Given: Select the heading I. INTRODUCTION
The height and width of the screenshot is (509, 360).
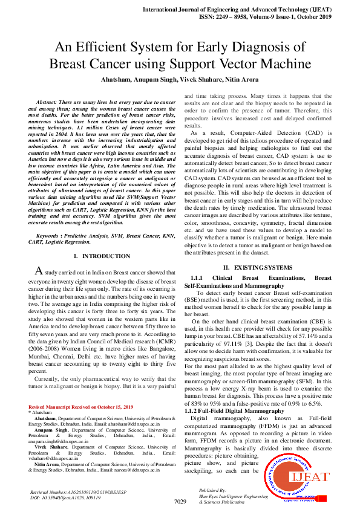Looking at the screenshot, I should pyautogui.click(x=101, y=256).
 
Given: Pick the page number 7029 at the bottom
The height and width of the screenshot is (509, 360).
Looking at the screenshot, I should pyautogui.click(x=180, y=502).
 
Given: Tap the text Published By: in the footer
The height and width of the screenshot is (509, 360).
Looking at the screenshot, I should pyautogui.click(x=212, y=490).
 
